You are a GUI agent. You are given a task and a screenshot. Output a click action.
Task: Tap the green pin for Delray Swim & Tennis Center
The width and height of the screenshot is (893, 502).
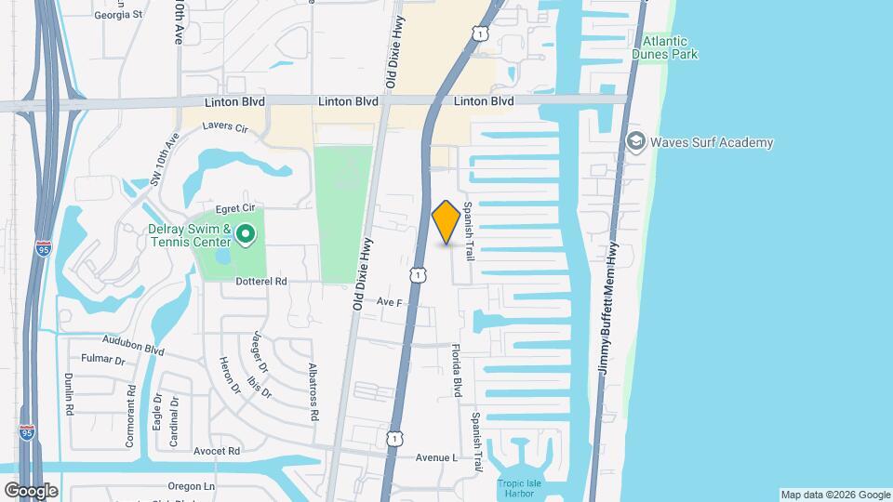tap(246, 235)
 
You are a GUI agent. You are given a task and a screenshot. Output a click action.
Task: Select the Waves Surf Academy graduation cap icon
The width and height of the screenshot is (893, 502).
tap(636, 142)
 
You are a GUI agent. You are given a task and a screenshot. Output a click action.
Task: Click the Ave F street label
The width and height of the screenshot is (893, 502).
tap(389, 302)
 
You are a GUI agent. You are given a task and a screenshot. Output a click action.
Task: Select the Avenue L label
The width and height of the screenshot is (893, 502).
tap(436, 458)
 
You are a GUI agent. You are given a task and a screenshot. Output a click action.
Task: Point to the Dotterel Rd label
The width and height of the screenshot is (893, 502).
tap(262, 281)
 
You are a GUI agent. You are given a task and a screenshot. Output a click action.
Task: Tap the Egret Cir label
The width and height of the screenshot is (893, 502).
tap(235, 208)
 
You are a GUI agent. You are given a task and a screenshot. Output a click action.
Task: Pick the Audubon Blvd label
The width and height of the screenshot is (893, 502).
tap(133, 346)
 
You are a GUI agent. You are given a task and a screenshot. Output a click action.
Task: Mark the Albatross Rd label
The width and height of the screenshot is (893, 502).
tap(313, 392)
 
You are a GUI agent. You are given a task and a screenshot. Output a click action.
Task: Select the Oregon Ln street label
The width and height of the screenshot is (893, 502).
tap(191, 485)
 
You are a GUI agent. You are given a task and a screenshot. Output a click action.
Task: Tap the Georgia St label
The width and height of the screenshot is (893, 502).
tap(119, 15)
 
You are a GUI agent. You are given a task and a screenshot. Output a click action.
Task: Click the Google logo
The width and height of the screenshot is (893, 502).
tap(31, 490)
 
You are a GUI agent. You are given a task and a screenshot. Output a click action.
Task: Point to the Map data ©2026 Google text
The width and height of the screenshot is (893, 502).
tap(835, 495)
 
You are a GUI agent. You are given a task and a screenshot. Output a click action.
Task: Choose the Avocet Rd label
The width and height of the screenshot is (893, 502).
tap(218, 451)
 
